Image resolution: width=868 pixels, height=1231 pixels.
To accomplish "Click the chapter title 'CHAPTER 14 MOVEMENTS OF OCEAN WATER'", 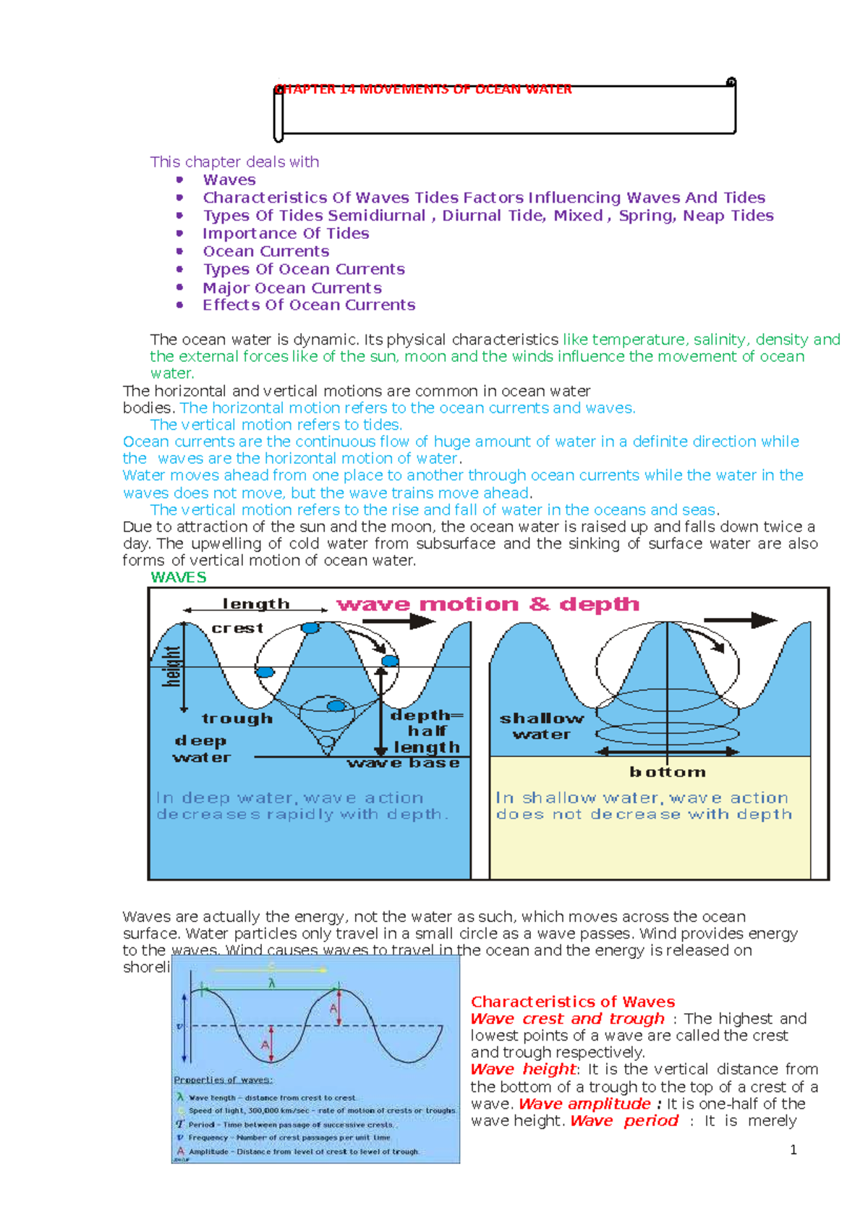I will pyautogui.click(x=423, y=89).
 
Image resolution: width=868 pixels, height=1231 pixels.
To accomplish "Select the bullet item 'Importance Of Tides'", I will pyautogui.click(x=286, y=233).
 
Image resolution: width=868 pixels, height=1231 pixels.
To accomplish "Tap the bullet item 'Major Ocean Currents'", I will pyautogui.click(x=292, y=287).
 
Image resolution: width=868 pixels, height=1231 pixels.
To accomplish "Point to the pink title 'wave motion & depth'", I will pyautogui.click(x=488, y=604).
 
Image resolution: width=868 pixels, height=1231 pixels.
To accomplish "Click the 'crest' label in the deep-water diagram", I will pyautogui.click(x=237, y=628).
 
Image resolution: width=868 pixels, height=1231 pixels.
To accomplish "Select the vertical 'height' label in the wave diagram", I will pyautogui.click(x=171, y=666).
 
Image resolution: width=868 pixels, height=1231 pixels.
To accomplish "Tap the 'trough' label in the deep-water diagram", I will pyautogui.click(x=237, y=719).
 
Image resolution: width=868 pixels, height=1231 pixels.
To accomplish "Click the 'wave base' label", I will pyautogui.click(x=403, y=763).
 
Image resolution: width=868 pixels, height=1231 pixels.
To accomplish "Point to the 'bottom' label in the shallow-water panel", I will pyautogui.click(x=667, y=772).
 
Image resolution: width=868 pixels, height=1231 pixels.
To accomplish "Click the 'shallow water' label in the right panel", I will pyautogui.click(x=542, y=726).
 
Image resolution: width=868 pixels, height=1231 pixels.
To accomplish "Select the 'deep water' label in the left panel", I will pyautogui.click(x=202, y=749).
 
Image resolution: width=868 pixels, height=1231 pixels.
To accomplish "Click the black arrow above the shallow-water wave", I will pyautogui.click(x=739, y=620).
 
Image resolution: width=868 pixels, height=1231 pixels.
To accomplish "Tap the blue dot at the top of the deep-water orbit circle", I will pyautogui.click(x=310, y=628).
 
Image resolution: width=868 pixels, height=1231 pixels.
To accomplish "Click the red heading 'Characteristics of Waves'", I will pyautogui.click(x=572, y=1002).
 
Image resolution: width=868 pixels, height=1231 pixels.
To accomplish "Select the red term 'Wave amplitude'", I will pyautogui.click(x=584, y=1104).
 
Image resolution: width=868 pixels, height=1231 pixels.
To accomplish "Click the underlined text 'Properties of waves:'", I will pyautogui.click(x=223, y=1080).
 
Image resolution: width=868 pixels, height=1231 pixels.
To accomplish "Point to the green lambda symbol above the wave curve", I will pyautogui.click(x=272, y=983).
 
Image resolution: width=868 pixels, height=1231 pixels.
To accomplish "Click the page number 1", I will pyautogui.click(x=793, y=1149).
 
